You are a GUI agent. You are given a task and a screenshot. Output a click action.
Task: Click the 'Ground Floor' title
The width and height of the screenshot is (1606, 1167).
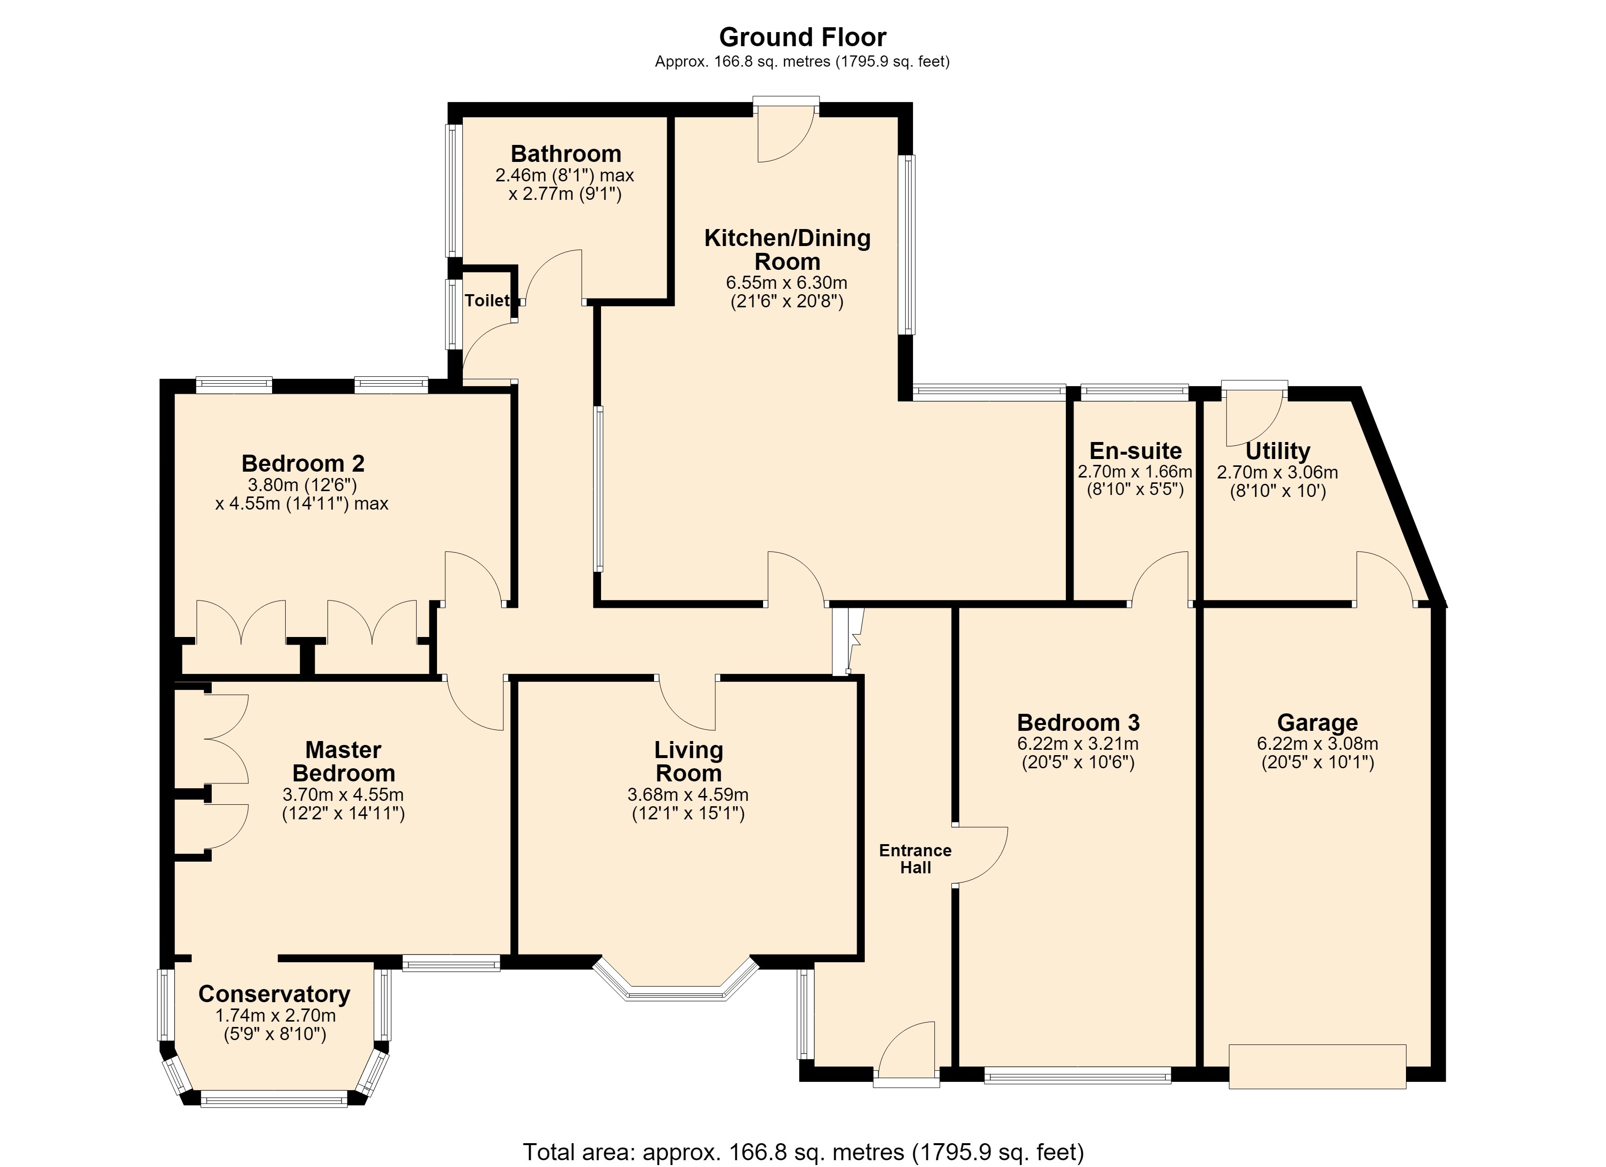pyautogui.click(x=803, y=37)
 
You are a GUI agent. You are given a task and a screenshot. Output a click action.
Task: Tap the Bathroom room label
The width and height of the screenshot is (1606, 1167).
pyautogui.click(x=566, y=154)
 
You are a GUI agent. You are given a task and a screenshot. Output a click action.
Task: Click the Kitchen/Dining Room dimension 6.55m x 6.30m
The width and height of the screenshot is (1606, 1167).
pyautogui.click(x=787, y=283)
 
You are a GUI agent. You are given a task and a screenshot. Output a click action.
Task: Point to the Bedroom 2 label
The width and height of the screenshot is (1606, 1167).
pyautogui.click(x=303, y=463)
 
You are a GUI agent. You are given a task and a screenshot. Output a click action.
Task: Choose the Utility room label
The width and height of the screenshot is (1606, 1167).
pyautogui.click(x=1277, y=451)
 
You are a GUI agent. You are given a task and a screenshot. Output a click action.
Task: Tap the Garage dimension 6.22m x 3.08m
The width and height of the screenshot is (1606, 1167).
pyautogui.click(x=1318, y=744)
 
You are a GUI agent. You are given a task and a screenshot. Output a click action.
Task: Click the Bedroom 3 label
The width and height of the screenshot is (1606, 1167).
pyautogui.click(x=1078, y=723)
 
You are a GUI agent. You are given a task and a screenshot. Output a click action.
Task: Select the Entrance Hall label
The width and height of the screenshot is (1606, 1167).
pyautogui.click(x=915, y=859)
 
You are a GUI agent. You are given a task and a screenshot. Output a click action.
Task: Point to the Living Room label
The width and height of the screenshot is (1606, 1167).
pyautogui.click(x=688, y=761)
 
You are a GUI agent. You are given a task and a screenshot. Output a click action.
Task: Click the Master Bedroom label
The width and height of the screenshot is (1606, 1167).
pyautogui.click(x=344, y=761)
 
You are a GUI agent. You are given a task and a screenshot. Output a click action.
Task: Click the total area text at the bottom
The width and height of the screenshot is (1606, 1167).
pyautogui.click(x=803, y=1152)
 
